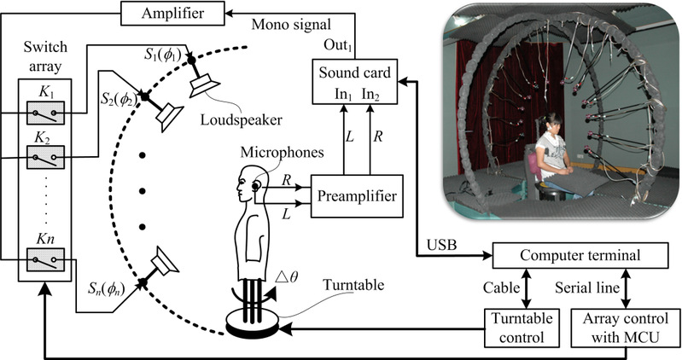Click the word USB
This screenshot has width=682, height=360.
click(x=440, y=245)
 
